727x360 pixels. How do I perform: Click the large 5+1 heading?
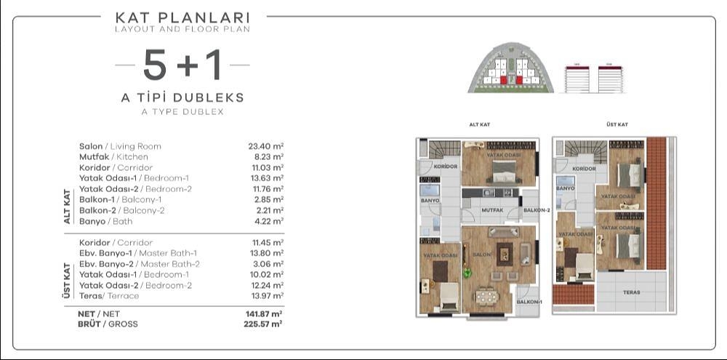tap(182, 65)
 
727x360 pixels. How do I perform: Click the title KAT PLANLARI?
tap(182, 16)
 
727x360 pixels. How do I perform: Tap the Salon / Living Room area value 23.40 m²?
tap(265, 146)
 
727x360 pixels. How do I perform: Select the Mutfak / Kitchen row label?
tap(113, 156)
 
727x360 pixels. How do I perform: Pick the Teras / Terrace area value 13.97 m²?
tap(265, 296)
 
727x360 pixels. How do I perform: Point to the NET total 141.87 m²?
tap(265, 314)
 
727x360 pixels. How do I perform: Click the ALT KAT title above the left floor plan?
tap(480, 125)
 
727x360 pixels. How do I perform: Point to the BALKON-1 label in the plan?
tap(529, 301)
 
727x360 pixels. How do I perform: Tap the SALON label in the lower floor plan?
tap(482, 255)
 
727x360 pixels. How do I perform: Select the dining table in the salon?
tap(486, 295)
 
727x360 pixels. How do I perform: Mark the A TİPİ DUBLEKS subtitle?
tap(182, 97)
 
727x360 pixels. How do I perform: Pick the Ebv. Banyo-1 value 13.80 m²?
tap(265, 253)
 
